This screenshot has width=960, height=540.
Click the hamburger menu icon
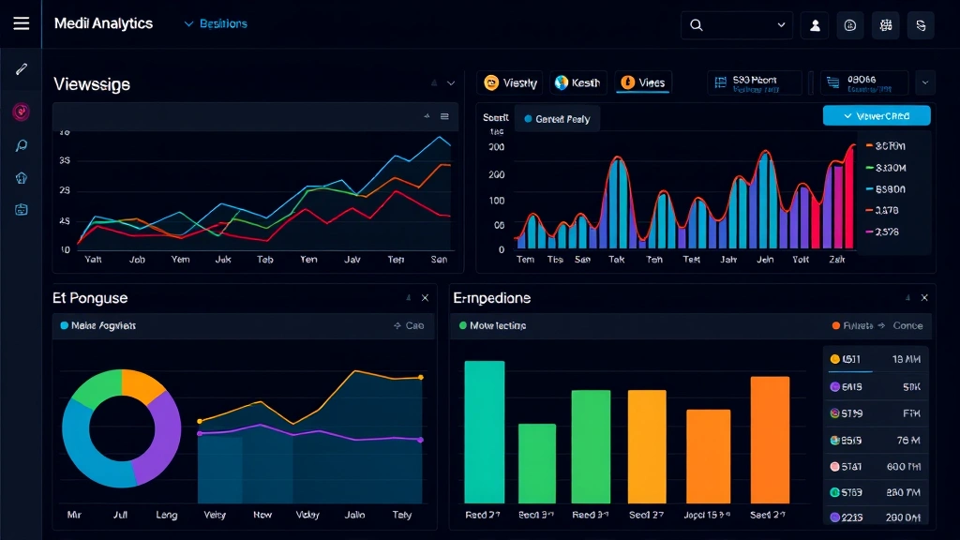pyautogui.click(x=21, y=24)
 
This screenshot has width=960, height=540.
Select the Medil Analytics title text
pyautogui.click(x=103, y=24)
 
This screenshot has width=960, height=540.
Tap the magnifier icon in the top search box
pyautogui.click(x=697, y=25)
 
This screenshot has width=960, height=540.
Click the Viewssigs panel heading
pyautogui.click(x=92, y=84)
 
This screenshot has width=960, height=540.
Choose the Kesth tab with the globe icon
pyautogui.click(x=577, y=82)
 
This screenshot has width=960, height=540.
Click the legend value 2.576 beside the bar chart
pyautogui.click(x=886, y=232)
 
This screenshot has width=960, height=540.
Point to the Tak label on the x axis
pyautogui.click(x=616, y=260)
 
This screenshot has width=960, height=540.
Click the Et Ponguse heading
pyautogui.click(x=90, y=298)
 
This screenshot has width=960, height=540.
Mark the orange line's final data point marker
pyautogui.click(x=420, y=377)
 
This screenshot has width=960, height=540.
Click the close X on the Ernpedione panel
pyautogui.click(x=924, y=298)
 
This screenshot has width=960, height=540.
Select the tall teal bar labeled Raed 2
pyautogui.click(x=484, y=431)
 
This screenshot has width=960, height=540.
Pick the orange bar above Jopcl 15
pyautogui.click(x=708, y=456)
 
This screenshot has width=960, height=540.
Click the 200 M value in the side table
pyautogui.click(x=903, y=517)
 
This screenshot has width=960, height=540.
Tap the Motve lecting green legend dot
pyautogui.click(x=462, y=326)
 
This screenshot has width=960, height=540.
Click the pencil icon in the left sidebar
pyautogui.click(x=21, y=69)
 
